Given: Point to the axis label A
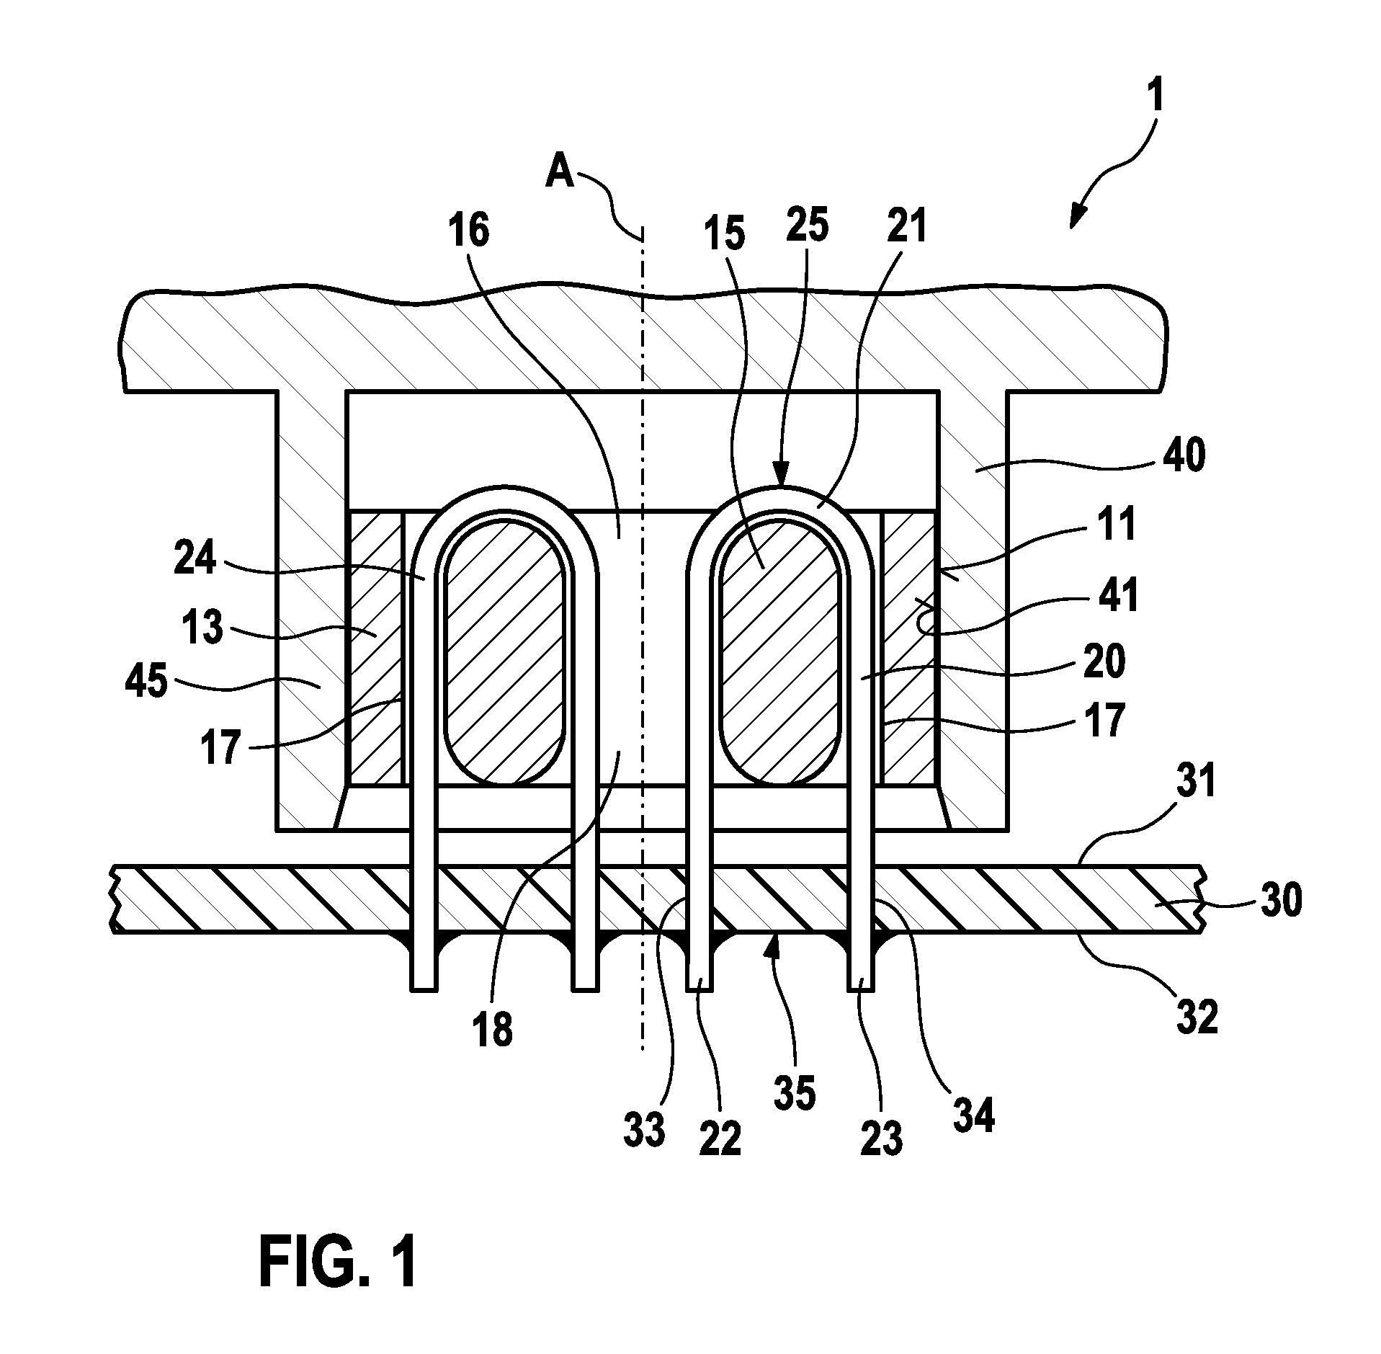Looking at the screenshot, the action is click(x=560, y=172).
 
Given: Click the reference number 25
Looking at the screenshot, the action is click(x=807, y=225).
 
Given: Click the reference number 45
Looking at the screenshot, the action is click(x=147, y=680).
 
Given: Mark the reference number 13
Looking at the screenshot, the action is click(x=204, y=628).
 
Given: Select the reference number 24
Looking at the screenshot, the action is click(x=195, y=556).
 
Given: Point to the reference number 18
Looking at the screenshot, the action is click(x=493, y=1028).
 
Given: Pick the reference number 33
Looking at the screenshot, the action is click(x=644, y=1130).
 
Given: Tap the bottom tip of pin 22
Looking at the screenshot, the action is click(x=699, y=989).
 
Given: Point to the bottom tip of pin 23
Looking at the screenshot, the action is click(x=861, y=989).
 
